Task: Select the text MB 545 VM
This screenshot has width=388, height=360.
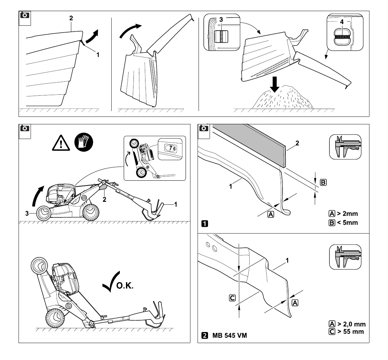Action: [x=229, y=335]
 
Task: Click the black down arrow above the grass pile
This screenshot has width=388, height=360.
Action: [x=275, y=84]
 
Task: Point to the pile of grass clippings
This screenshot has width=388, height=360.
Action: [x=284, y=98]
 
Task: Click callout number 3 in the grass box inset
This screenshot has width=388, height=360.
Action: [x=221, y=20]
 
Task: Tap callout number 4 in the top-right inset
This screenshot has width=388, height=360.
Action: [x=341, y=22]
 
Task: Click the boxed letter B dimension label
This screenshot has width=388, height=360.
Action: [x=323, y=182]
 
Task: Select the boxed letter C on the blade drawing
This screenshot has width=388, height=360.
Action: [x=232, y=298]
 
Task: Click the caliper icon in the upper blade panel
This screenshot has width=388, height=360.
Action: [x=345, y=146]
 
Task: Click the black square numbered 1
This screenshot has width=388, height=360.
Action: [x=205, y=224]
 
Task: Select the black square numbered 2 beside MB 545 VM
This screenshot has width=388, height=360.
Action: [x=205, y=335]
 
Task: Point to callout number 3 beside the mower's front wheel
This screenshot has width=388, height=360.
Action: [x=27, y=213]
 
